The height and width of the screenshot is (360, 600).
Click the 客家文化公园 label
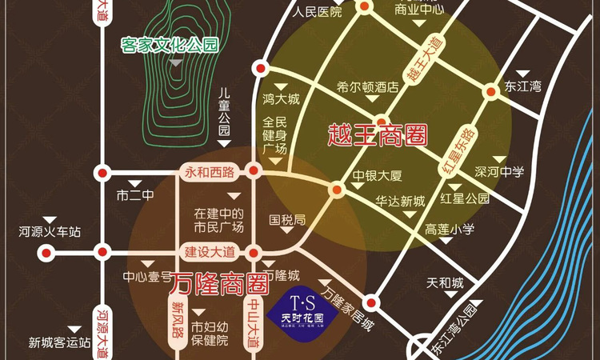(x=169, y=45)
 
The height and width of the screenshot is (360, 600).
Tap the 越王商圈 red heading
(x=375, y=134)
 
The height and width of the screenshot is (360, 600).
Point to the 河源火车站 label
(x=50, y=233)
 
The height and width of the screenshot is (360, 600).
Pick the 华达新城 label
(x=400, y=201)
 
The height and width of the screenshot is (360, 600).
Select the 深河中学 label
(x=499, y=171)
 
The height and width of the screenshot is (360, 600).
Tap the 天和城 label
(x=446, y=283)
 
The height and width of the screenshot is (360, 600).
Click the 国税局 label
(x=287, y=218)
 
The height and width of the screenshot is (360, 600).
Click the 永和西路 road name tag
(x=210, y=172)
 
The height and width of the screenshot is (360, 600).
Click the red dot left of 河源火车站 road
(x=46, y=253)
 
